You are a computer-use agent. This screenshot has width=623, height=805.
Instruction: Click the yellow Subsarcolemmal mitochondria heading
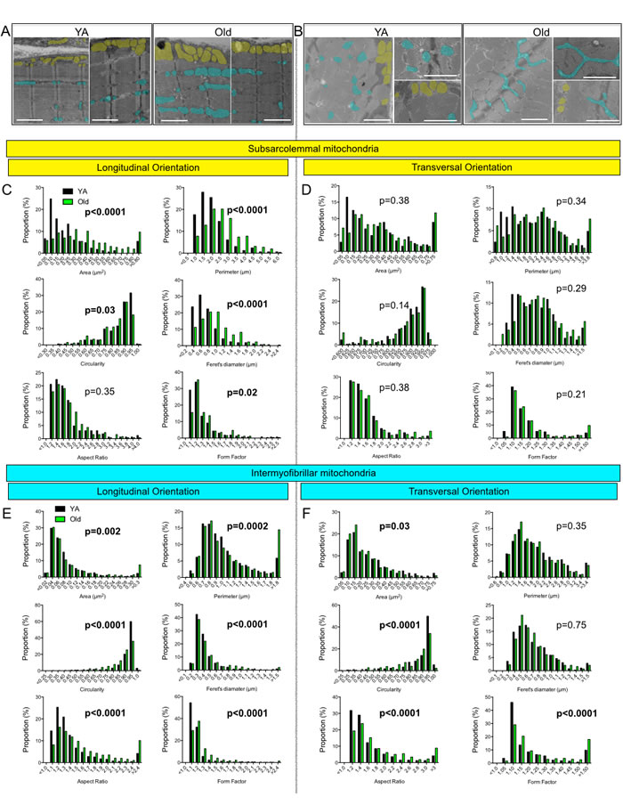coord(311,147)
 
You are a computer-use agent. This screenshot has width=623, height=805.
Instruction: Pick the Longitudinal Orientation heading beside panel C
coord(150,167)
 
